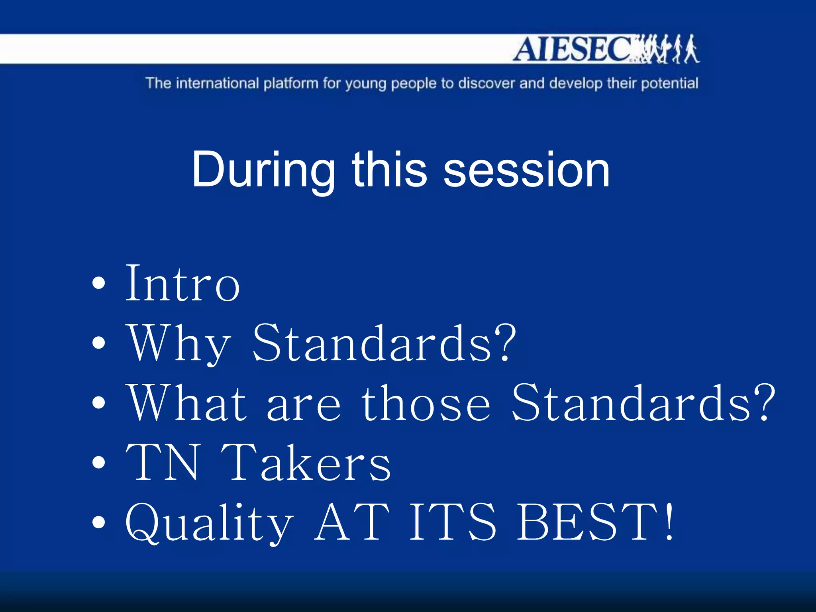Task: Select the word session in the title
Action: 526,170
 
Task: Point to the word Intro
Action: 182,283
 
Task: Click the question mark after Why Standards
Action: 506,342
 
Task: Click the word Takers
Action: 306,463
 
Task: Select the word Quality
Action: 209,523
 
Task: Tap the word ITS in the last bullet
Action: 453,522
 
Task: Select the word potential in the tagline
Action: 669,84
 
